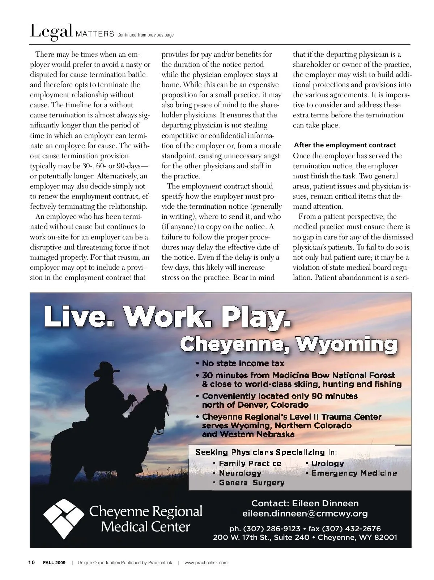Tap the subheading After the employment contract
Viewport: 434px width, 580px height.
click(345, 145)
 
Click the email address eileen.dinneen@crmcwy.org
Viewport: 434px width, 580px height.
click(305, 513)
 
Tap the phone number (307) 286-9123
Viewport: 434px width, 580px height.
click(272, 529)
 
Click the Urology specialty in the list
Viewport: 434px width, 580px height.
click(327, 463)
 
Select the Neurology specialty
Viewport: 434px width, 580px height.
click(240, 473)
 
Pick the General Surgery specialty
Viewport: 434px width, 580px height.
click(251, 483)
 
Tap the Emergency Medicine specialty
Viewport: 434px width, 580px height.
click(354, 473)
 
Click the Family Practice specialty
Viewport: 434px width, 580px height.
click(250, 463)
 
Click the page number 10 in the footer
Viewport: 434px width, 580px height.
click(31, 562)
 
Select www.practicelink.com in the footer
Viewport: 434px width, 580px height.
click(206, 563)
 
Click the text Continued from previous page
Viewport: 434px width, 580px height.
click(145, 35)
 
